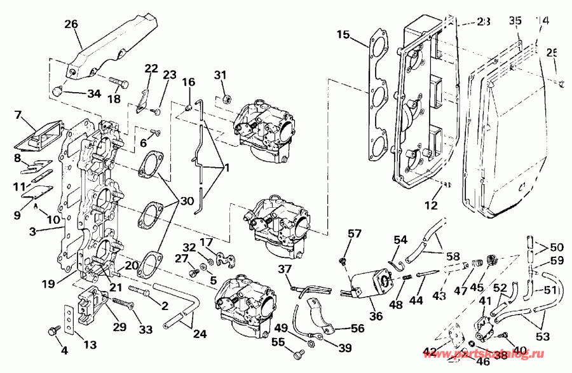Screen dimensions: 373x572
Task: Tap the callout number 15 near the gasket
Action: tap(343, 34)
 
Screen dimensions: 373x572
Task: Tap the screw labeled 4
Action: tap(54, 330)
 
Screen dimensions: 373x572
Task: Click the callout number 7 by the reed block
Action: tap(20, 116)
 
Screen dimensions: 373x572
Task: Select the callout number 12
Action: tap(432, 205)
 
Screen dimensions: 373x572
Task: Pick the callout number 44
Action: tap(416, 298)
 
